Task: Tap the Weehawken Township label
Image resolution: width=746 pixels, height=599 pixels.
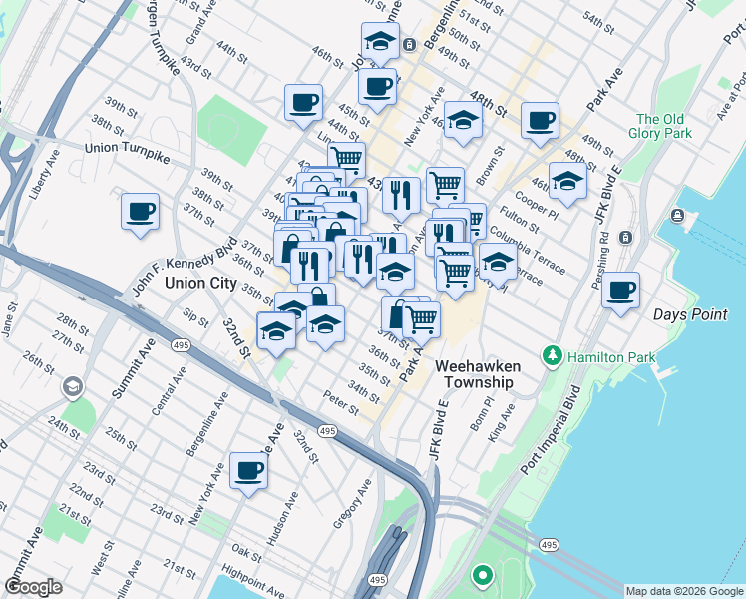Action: pos(474,374)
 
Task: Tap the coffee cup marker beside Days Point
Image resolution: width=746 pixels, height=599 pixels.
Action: pos(620,292)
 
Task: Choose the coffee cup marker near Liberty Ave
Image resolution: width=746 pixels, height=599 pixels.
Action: pos(141,212)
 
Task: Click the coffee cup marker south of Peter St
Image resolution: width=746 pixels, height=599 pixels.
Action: pos(248,471)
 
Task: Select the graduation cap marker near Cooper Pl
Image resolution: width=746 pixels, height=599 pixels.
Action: pos(566,182)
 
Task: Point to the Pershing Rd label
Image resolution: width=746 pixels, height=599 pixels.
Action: pos(602,260)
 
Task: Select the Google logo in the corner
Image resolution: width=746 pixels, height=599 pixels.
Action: pos(34,587)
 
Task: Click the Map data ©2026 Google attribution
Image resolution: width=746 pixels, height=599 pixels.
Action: pos(684,591)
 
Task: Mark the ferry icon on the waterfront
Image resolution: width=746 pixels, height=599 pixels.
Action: pos(679,216)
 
